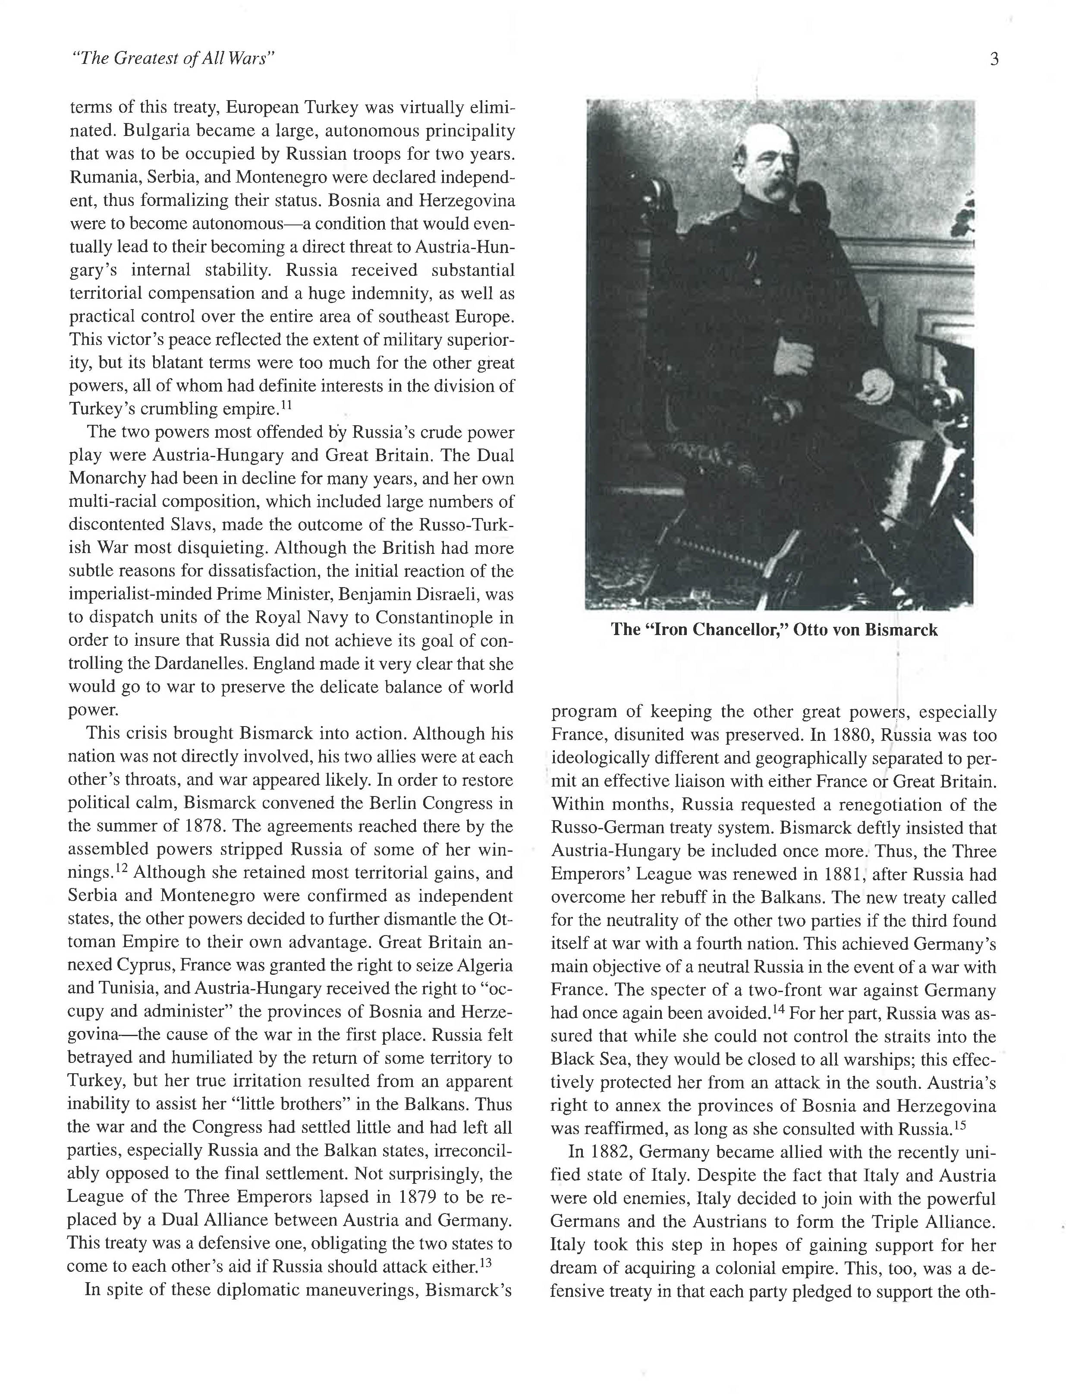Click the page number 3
tap(994, 59)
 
